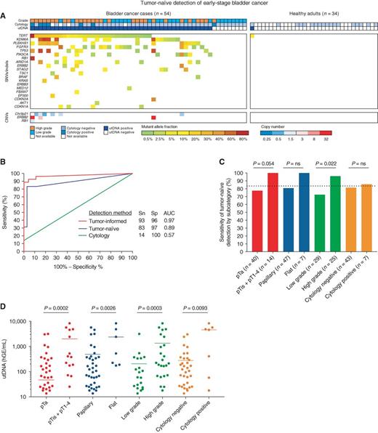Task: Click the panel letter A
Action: coord(4,6)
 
